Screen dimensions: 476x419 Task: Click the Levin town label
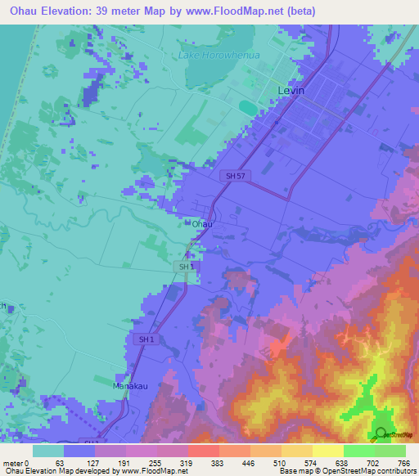coord(291,90)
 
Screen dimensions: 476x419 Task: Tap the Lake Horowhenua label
coord(211,56)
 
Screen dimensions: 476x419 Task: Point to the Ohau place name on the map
coord(202,223)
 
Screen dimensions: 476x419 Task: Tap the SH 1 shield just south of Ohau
coord(186,267)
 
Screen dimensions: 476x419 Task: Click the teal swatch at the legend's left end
coord(48,451)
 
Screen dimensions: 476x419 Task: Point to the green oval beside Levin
coord(247,106)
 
